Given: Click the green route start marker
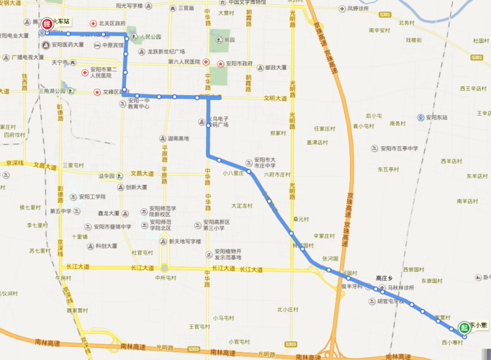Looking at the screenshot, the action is tap(464, 328).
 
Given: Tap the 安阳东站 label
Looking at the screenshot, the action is tap(436, 117).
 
